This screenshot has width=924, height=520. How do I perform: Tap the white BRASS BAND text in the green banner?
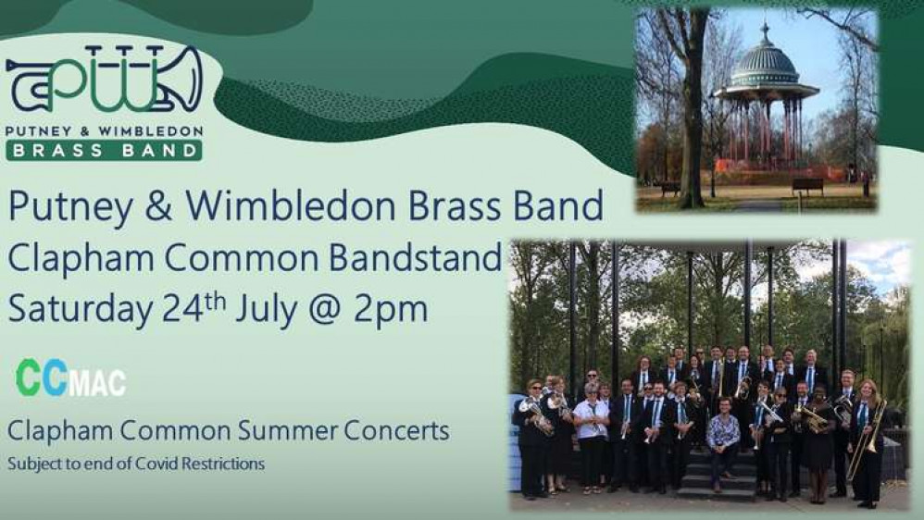click(x=105, y=150)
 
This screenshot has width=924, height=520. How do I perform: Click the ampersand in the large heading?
click(x=158, y=205)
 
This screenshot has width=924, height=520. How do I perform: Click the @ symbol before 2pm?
click(x=325, y=310)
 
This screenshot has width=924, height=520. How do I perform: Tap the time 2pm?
click(x=390, y=311)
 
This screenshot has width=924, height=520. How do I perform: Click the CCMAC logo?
click(x=70, y=378)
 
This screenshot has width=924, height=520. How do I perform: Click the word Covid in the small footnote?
click(x=156, y=464)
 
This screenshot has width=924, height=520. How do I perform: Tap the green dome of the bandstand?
click(x=765, y=67)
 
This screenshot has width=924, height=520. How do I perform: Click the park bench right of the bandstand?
click(x=807, y=185)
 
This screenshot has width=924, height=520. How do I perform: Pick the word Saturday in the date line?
click(x=81, y=310)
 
